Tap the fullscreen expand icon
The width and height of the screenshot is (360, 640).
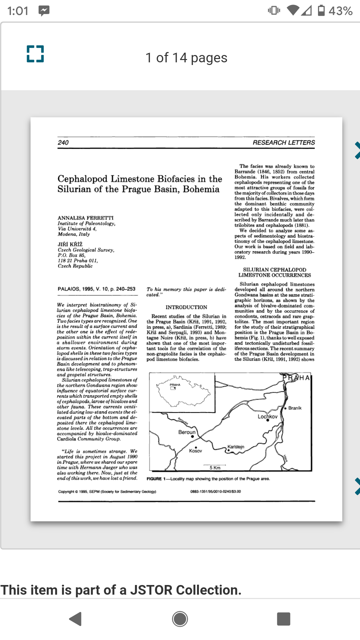35,54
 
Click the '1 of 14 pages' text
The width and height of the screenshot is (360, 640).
186,58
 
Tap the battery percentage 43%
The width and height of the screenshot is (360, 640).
340,11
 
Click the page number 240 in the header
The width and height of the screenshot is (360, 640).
63,143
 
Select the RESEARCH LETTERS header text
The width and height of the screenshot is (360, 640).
284,143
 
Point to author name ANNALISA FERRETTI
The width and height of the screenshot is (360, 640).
86,218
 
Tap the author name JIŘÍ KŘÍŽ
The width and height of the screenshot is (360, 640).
70,244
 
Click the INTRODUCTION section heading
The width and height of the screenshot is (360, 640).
186,307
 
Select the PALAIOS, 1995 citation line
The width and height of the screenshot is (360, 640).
96,289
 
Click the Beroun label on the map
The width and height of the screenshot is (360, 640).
187,432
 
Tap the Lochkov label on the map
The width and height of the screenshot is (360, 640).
267,417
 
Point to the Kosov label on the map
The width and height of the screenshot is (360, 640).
196,451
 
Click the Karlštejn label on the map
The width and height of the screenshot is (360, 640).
236,447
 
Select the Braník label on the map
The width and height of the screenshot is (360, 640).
295,408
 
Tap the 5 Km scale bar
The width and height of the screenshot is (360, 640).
215,467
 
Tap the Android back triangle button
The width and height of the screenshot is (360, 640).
76,619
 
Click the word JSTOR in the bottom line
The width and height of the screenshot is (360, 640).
151,590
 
